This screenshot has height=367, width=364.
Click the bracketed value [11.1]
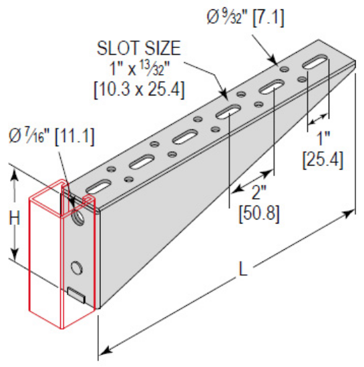tap(74, 137)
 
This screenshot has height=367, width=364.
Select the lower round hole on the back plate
tap(77, 268)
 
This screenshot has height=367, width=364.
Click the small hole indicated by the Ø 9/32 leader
tap(284, 68)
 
